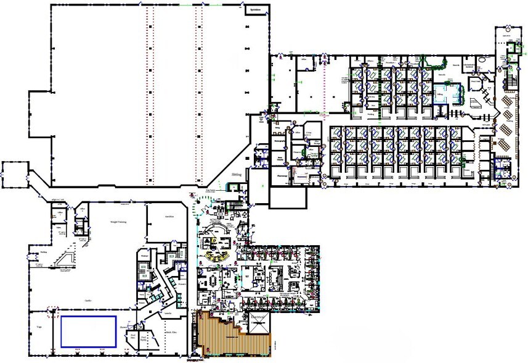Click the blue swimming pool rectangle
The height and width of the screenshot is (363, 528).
[88, 332]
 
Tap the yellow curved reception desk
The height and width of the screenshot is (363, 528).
[216, 255]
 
